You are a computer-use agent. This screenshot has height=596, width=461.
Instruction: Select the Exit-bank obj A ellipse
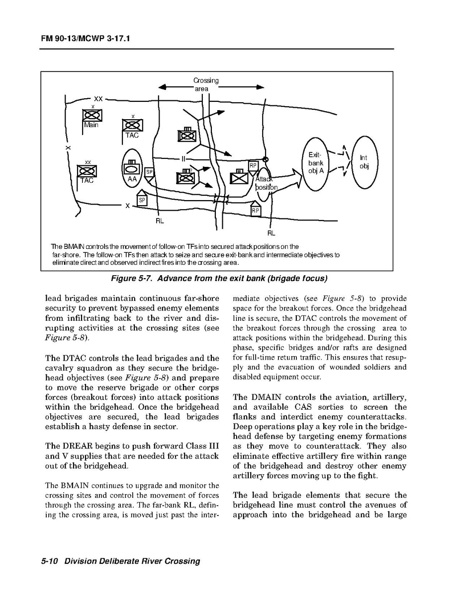(x=316, y=162)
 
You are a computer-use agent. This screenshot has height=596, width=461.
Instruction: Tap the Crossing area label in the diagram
(x=205, y=84)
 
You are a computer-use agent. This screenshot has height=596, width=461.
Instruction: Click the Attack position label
(x=266, y=183)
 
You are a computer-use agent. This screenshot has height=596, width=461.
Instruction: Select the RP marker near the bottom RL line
(x=256, y=210)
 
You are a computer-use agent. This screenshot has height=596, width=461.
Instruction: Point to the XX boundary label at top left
(x=98, y=99)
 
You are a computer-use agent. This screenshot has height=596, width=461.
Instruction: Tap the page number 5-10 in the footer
(x=50, y=561)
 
